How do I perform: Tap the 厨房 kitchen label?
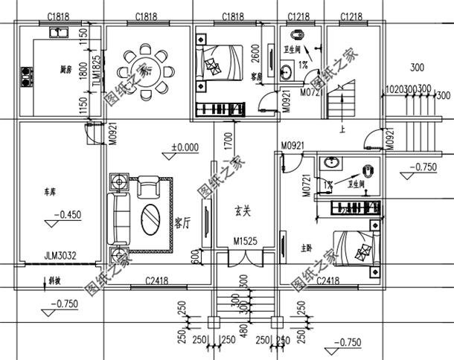pyautogui.click(x=66, y=71)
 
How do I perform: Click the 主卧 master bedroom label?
pyautogui.click(x=306, y=248)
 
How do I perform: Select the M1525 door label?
pyautogui.click(x=244, y=242)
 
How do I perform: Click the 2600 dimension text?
pyautogui.click(x=255, y=54)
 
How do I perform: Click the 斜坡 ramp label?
pyautogui.click(x=55, y=283)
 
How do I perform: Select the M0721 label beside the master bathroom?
pyautogui.click(x=305, y=183)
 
